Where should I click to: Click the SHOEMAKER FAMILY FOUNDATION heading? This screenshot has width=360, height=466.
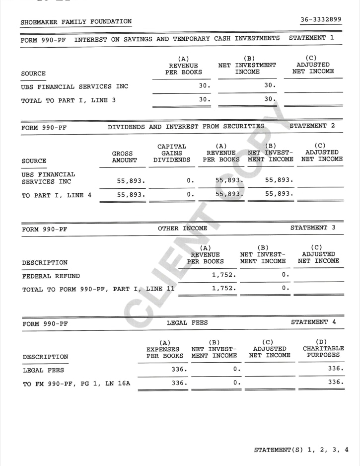(x=76, y=21)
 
